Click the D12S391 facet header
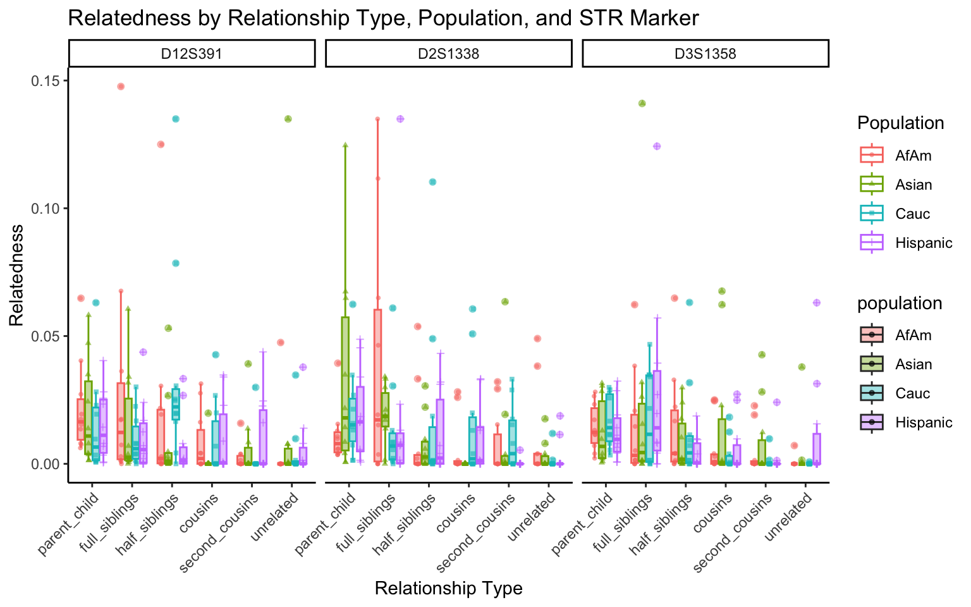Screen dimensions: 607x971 click(192, 54)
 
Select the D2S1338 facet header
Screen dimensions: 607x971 click(448, 54)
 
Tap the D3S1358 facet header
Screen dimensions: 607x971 click(705, 54)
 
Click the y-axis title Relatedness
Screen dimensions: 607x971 click(16, 275)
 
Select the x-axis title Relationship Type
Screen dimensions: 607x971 click(448, 589)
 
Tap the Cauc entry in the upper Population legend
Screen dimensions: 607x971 click(912, 214)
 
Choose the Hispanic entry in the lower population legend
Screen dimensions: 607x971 click(923, 422)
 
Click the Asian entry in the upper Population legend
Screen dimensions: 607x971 click(913, 185)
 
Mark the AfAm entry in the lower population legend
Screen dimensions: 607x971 click(913, 335)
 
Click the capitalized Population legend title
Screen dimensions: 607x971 click(900, 123)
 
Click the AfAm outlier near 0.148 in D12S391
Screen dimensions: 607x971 click(121, 87)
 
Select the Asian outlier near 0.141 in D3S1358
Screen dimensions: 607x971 click(642, 104)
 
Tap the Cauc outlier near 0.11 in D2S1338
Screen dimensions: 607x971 click(432, 182)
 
